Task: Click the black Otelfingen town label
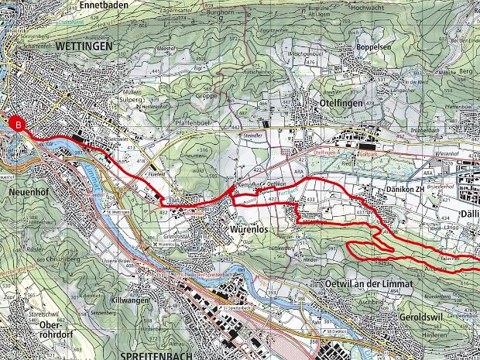coord(341,101)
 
